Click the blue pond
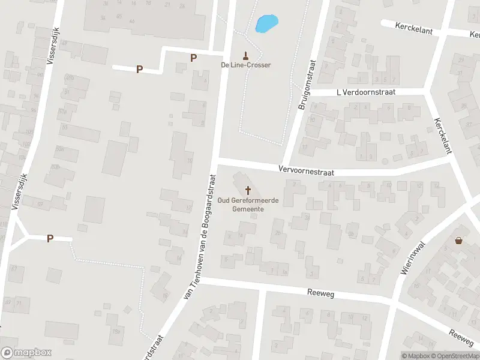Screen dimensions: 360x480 266,23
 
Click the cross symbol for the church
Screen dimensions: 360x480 248,190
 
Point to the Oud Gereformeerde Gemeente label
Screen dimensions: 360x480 248,205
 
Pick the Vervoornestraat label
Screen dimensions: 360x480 306,170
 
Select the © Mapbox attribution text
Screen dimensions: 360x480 416,356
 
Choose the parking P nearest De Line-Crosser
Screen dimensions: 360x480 193,58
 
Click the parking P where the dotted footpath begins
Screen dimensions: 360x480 50,238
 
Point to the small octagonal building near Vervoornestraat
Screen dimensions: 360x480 385,161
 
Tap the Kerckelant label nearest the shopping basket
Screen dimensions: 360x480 441,135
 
